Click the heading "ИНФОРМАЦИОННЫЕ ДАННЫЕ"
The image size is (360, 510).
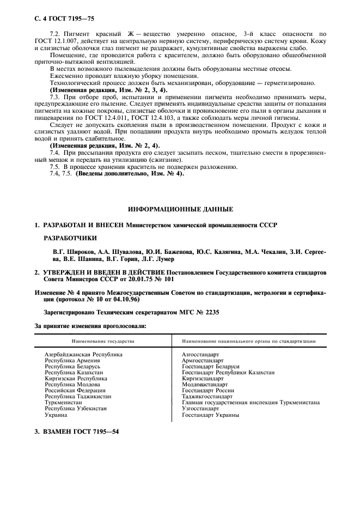tap(180, 209)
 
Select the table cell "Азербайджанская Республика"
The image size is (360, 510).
tap(83, 354)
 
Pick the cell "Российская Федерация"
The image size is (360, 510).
tap(75, 391)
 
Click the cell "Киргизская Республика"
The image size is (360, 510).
tap(76, 378)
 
